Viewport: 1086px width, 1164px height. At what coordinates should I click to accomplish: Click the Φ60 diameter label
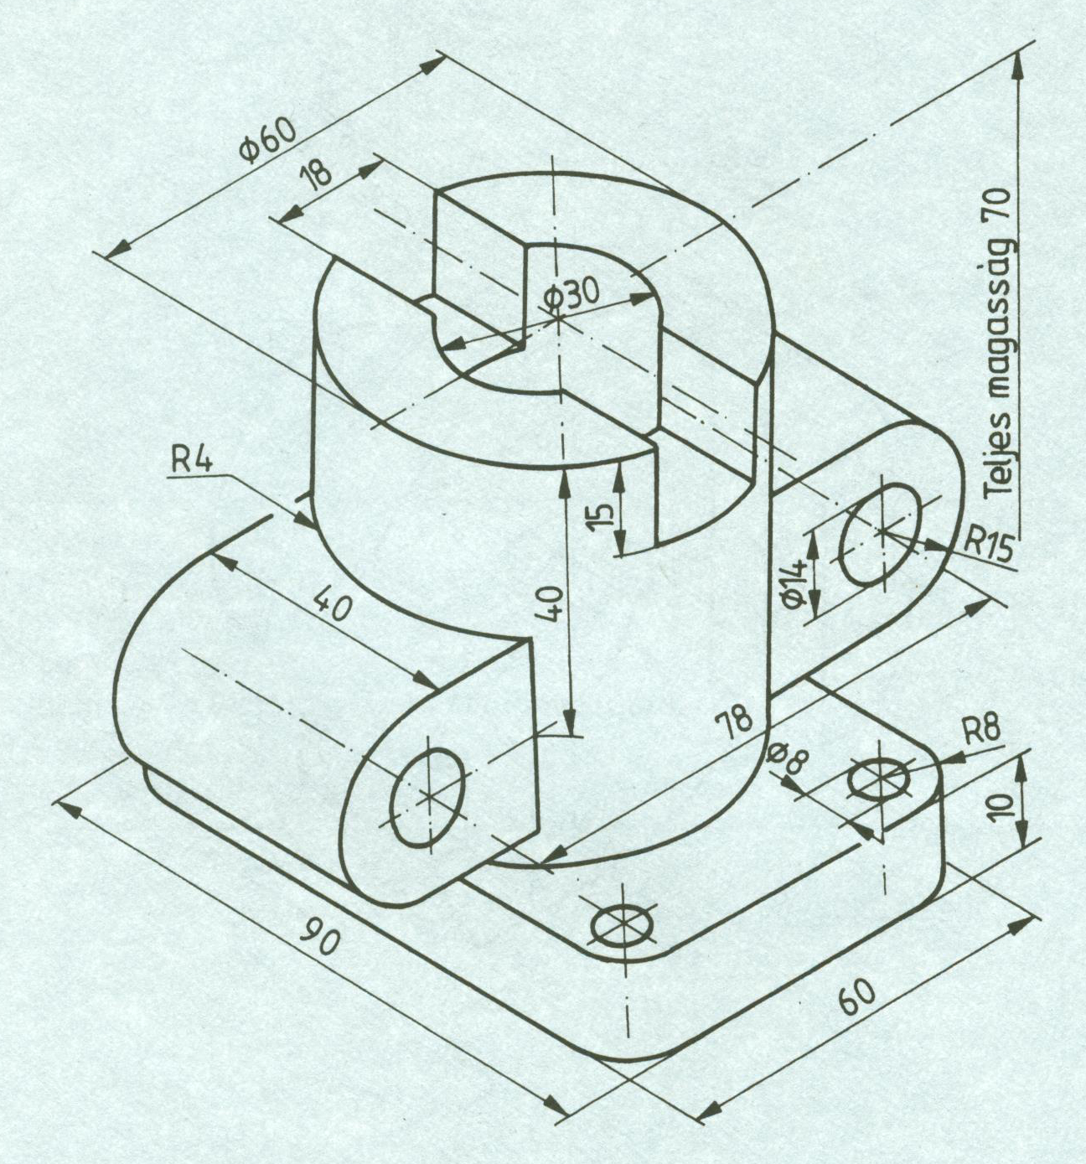267,142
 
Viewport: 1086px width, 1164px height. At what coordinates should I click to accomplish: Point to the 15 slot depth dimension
600,515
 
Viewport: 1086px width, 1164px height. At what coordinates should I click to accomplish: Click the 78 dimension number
735,719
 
